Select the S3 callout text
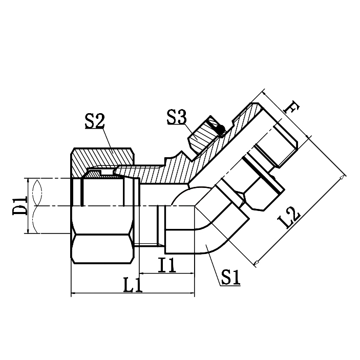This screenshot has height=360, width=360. pos(177,116)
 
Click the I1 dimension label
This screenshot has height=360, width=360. pos(167,265)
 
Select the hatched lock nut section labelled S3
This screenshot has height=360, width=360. pos(205,133)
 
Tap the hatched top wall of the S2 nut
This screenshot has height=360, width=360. pos(102,158)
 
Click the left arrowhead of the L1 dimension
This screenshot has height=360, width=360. pos(72,294)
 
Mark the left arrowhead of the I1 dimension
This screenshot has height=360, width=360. pos(141,274)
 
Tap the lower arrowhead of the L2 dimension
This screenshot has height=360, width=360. pos(258,262)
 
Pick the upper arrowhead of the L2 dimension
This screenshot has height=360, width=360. pos(342,177)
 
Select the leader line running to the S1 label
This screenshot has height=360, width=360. pos(213,264)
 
